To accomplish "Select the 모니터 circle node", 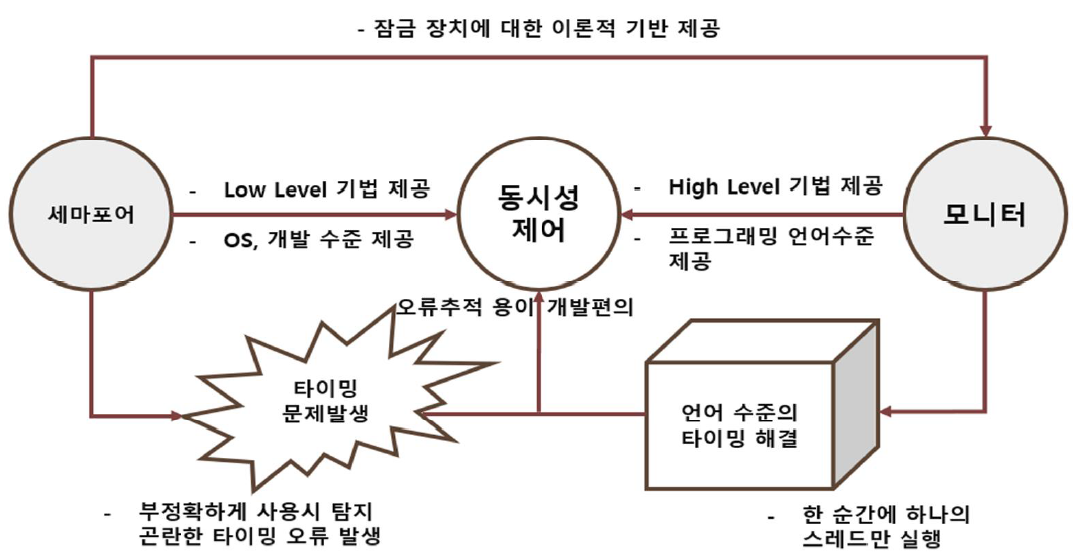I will (986, 214).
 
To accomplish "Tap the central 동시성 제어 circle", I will (539, 215).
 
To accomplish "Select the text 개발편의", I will (588, 305).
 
